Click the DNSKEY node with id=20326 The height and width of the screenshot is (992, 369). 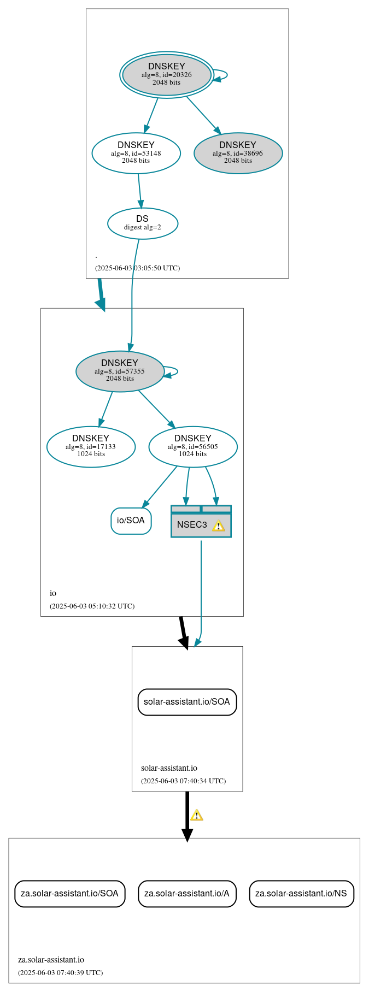[x=167, y=74]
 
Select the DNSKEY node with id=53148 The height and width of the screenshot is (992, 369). [x=136, y=153]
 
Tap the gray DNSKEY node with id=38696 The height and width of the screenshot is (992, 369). [x=238, y=153]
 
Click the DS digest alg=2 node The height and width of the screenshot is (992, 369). [x=143, y=223]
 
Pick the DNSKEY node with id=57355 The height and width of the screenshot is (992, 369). [x=120, y=371]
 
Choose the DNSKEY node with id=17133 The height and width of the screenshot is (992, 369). [x=91, y=446]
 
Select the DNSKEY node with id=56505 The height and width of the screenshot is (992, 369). [x=193, y=446]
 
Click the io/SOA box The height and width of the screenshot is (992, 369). [x=131, y=521]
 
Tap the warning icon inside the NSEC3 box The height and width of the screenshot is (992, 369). [x=218, y=525]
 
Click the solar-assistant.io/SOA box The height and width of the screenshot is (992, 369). [x=187, y=702]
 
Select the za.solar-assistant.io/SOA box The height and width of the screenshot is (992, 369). [x=69, y=894]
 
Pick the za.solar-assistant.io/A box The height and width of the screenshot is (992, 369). [x=187, y=894]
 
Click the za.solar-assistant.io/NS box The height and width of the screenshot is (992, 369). [x=301, y=894]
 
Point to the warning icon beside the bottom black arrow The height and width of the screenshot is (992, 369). [x=197, y=816]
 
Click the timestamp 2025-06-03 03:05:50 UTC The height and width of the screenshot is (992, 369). [x=137, y=268]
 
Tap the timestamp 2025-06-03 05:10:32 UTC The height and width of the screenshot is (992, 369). [x=92, y=606]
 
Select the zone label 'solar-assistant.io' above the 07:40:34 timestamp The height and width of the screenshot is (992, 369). [x=169, y=768]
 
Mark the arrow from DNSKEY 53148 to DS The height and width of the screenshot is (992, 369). [x=139, y=191]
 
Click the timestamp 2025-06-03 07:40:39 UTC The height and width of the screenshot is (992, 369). [x=60, y=973]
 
